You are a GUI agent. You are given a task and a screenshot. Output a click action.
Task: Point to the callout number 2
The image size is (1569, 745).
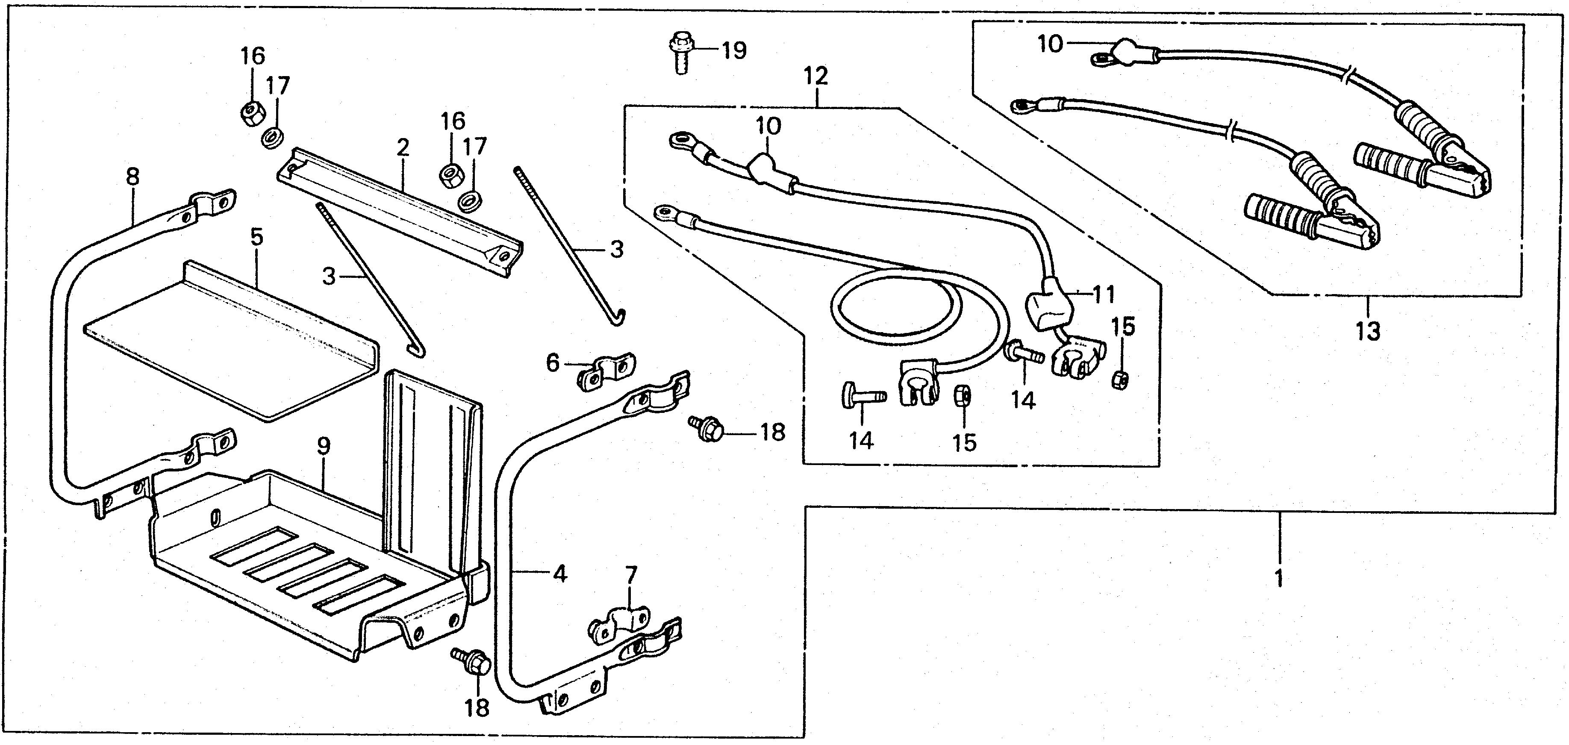coord(403,147)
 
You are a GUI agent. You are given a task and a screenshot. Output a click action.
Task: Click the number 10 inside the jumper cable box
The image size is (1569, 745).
coord(1050,44)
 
